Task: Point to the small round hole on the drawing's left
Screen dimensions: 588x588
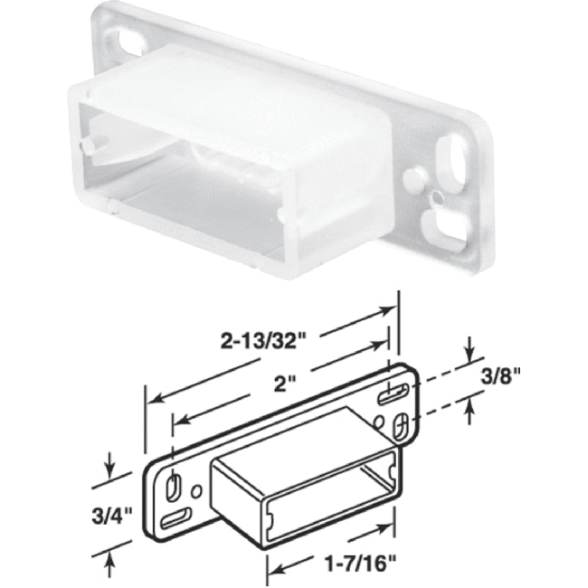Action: pyautogui.click(x=196, y=488)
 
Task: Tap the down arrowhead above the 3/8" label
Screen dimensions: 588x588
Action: pyautogui.click(x=469, y=356)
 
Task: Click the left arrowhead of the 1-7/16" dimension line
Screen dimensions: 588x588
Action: pyautogui.click(x=270, y=569)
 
